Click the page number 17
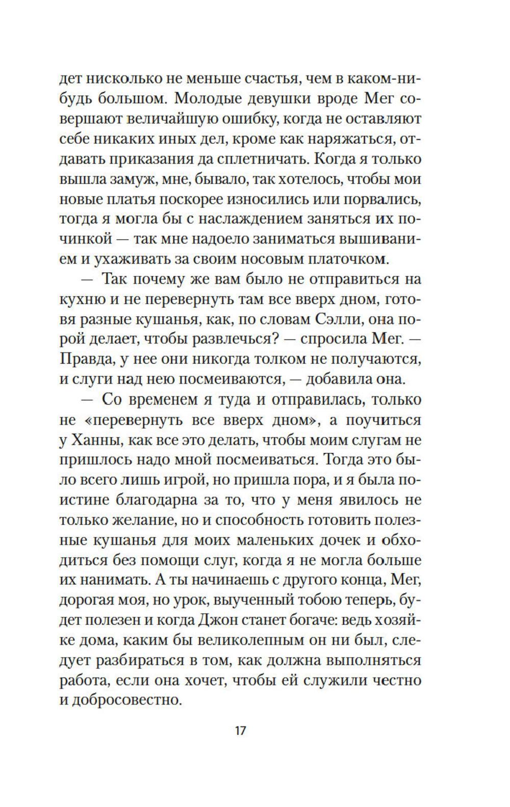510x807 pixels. click(x=240, y=731)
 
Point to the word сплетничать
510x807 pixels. click(x=261, y=159)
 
